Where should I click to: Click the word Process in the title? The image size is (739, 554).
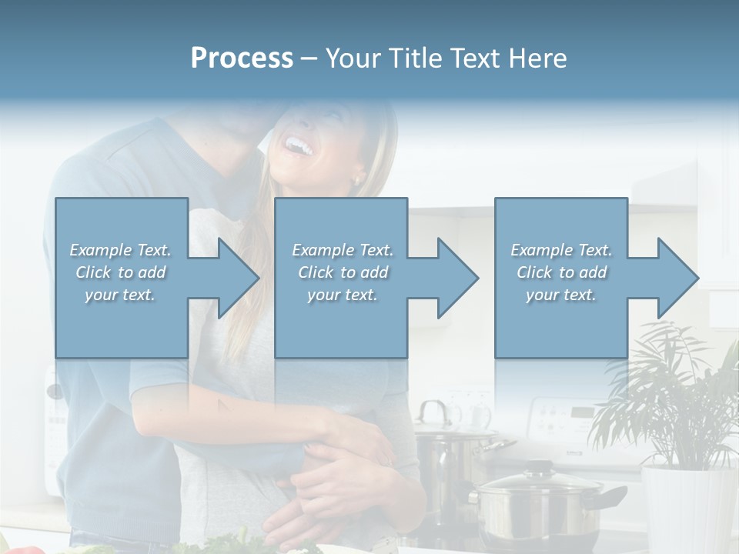[242, 58]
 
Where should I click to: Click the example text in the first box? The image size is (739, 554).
[120, 272]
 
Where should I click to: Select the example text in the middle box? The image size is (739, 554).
[342, 272]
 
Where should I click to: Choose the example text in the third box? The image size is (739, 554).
[560, 272]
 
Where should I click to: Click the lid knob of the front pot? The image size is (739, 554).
[538, 466]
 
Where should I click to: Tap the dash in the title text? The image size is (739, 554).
[309, 58]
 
